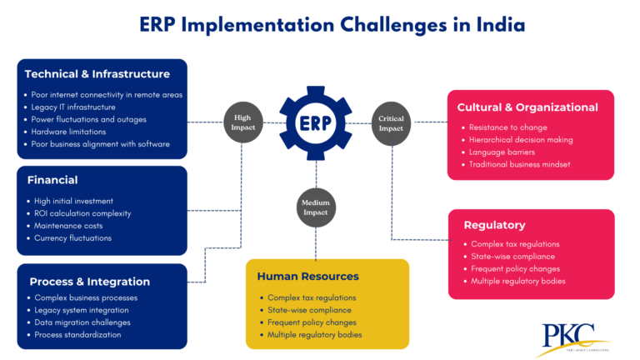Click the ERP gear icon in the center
[x=317, y=122]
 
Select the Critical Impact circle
[x=391, y=122]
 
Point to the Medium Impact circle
[x=316, y=205]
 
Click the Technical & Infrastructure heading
[x=97, y=73]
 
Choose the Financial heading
[x=52, y=179]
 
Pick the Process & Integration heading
[x=89, y=281]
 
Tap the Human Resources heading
[x=307, y=276]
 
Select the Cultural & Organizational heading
[x=527, y=107]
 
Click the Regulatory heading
[x=494, y=224]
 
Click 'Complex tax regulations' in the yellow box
[x=312, y=297]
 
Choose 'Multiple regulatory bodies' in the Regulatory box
[x=518, y=281]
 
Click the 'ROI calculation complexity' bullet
[x=82, y=213]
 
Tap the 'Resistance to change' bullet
[x=508, y=127]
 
